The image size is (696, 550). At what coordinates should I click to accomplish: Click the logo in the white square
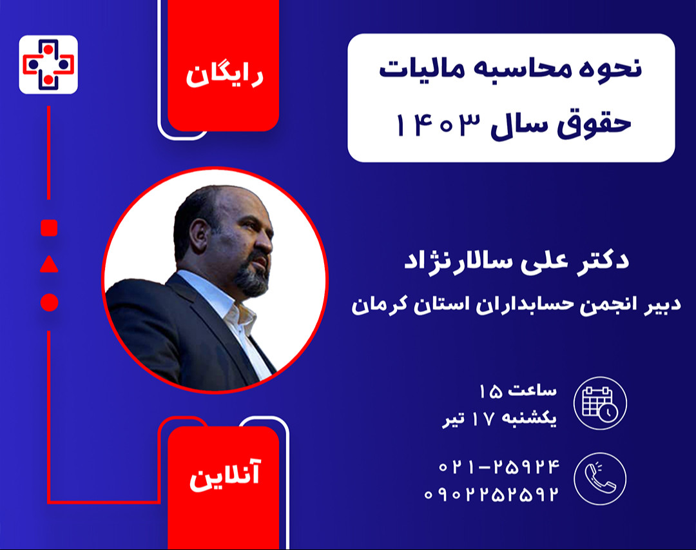pyautogui.click(x=48, y=64)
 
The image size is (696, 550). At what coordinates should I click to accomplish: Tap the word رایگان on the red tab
pyautogui.click(x=224, y=75)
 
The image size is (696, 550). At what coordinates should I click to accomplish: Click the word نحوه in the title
pyautogui.click(x=610, y=70)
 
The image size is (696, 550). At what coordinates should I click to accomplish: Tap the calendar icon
pyautogui.click(x=600, y=404)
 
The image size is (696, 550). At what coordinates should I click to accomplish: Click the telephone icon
pyautogui.click(x=600, y=479)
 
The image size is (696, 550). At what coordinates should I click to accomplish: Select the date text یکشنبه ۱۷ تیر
pyautogui.click(x=499, y=420)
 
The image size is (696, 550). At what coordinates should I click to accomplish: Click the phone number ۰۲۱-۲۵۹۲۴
pyautogui.click(x=499, y=466)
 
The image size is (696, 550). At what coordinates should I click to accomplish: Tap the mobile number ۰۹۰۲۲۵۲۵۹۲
pyautogui.click(x=490, y=495)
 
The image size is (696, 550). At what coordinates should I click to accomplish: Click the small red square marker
pyautogui.click(x=49, y=228)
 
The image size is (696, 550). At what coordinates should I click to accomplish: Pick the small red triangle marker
pyautogui.click(x=49, y=264)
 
